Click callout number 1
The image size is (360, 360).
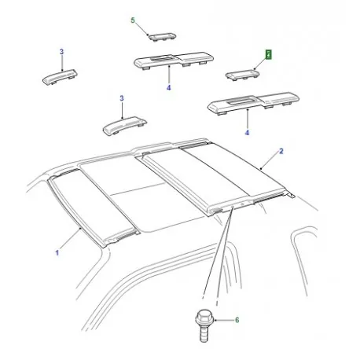pyautogui.click(x=57, y=253)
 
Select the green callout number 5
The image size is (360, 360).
pyautogui.click(x=133, y=20)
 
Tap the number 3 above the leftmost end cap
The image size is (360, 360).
pyautogui.click(x=61, y=51)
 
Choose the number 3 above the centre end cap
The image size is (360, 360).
pyautogui.click(x=122, y=98)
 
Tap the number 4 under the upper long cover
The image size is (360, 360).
pyautogui.click(x=168, y=88)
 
